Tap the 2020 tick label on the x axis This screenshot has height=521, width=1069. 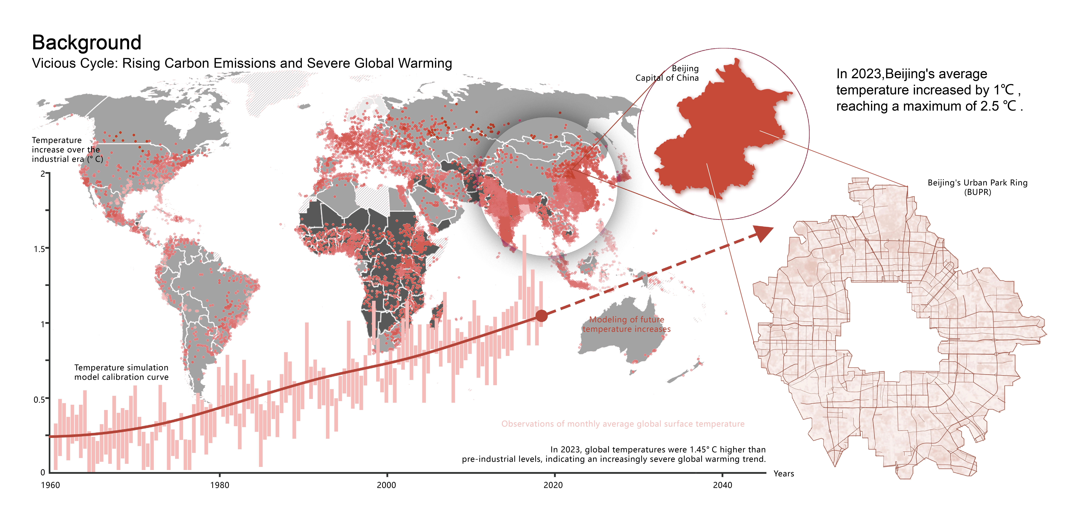pyautogui.click(x=553, y=485)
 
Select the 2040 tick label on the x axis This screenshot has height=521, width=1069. pyautogui.click(x=723, y=485)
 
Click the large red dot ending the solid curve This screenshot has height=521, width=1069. pyautogui.click(x=542, y=316)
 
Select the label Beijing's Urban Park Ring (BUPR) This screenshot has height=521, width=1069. pyautogui.click(x=977, y=187)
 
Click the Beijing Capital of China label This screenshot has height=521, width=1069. pyautogui.click(x=667, y=73)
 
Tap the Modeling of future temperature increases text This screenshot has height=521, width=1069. pyautogui.click(x=626, y=324)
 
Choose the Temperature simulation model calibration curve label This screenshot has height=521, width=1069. pyautogui.click(x=121, y=372)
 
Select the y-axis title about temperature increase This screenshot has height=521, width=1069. pyautogui.click(x=66, y=150)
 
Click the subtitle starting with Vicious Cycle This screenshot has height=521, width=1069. pyautogui.click(x=242, y=63)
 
